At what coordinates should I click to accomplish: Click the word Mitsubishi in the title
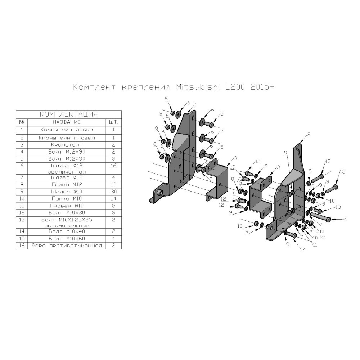tap(198, 87)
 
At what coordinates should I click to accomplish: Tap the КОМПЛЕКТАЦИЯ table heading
tap(69, 114)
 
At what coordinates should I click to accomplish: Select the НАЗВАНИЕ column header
tap(67, 122)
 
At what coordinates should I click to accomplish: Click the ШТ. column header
tap(114, 122)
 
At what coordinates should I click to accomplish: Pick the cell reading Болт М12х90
tap(67, 152)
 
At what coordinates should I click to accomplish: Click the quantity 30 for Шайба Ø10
tap(114, 192)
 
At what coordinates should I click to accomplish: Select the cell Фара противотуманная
tap(67, 246)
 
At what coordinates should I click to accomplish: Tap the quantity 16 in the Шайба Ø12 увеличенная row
tap(114, 166)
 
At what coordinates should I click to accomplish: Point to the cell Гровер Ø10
tap(67, 206)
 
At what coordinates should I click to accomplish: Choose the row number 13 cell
tap(22, 220)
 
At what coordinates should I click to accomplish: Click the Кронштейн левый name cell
tap(67, 130)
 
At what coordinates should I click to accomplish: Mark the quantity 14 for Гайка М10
tap(114, 199)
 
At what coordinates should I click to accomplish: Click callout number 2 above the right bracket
tap(309, 135)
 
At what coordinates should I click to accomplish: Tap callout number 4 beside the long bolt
tap(345, 219)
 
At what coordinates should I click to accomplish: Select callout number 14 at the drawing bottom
tap(303, 249)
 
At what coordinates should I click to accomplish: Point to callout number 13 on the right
tap(338, 207)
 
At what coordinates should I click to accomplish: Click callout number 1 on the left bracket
tap(195, 105)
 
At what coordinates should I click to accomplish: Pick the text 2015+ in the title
tap(262, 87)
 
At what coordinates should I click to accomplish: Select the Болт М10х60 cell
tap(67, 238)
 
